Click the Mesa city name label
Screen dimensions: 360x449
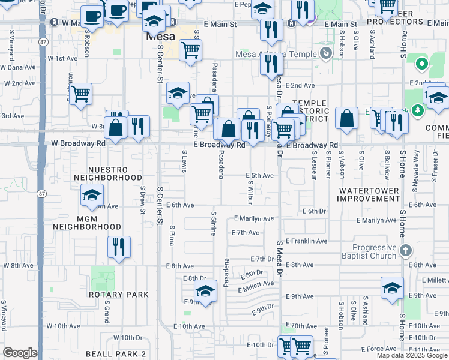tap(161, 36)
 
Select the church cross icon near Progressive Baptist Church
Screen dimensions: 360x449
tap(405, 250)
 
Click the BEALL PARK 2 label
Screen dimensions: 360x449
tap(116, 354)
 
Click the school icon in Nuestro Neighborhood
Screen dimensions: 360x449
tap(92, 194)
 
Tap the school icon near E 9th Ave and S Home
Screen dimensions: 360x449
tap(392, 287)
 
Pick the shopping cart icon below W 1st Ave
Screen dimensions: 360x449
tap(80, 93)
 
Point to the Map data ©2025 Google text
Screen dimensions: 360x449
tap(412, 355)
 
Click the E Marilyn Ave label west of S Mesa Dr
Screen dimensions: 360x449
tap(254, 219)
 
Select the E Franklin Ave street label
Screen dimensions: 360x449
tap(306, 241)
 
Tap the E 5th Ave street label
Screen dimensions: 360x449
tap(259, 176)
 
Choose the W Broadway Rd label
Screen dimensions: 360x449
tap(78, 143)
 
